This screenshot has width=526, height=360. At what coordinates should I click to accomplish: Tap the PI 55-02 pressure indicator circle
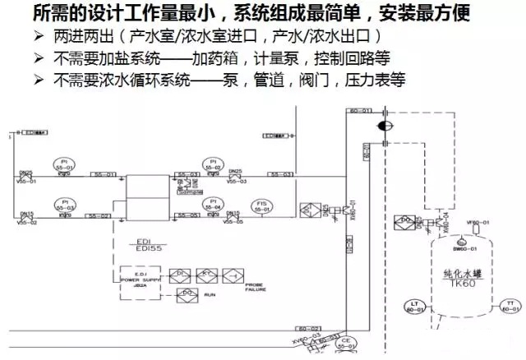(x=213, y=164)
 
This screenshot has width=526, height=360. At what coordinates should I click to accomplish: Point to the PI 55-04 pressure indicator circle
(x=213, y=205)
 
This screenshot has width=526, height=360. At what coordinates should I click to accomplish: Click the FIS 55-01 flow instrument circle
(x=262, y=206)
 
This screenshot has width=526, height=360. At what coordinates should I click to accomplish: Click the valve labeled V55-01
(x=26, y=175)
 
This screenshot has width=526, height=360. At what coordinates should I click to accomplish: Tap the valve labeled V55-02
(x=26, y=215)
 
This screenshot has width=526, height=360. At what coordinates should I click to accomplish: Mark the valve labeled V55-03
(x=234, y=175)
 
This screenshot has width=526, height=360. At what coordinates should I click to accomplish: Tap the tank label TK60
(x=467, y=280)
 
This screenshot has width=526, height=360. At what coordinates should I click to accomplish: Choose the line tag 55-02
(x=99, y=215)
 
